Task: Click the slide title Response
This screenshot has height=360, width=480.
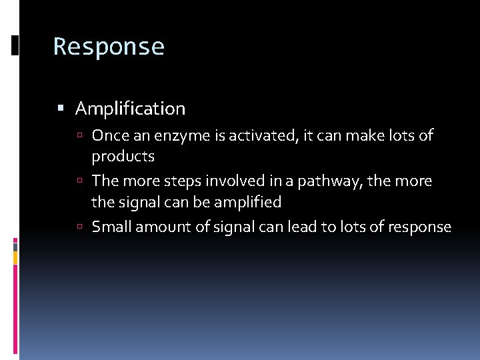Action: [109, 47]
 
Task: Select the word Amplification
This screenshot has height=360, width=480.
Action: [130, 108]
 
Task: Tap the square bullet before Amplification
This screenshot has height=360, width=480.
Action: [61, 107]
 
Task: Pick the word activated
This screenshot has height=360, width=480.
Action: [262, 136]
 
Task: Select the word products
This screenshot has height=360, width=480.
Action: [123, 157]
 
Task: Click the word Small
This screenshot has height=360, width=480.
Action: [111, 227]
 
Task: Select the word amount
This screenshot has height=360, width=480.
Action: [161, 227]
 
